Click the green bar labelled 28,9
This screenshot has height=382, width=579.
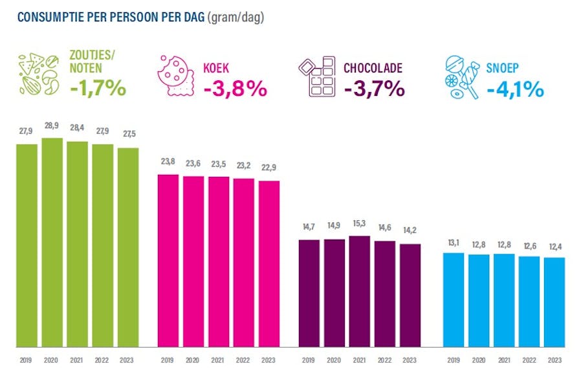click(x=52, y=242)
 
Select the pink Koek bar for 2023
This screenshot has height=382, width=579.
click(x=268, y=264)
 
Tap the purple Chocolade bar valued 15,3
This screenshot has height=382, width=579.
click(x=360, y=291)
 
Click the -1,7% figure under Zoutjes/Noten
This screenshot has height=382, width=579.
click(x=98, y=87)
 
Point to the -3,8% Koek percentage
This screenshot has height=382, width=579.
click(x=235, y=88)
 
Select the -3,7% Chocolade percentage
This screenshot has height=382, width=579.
click(x=375, y=88)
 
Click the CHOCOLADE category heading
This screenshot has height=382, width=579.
click(x=373, y=67)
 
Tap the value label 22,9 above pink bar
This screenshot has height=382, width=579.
click(x=268, y=167)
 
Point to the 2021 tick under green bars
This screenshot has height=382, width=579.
click(x=77, y=360)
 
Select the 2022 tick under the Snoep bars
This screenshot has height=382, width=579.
click(x=529, y=360)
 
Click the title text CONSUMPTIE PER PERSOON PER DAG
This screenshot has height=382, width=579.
click(x=111, y=17)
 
